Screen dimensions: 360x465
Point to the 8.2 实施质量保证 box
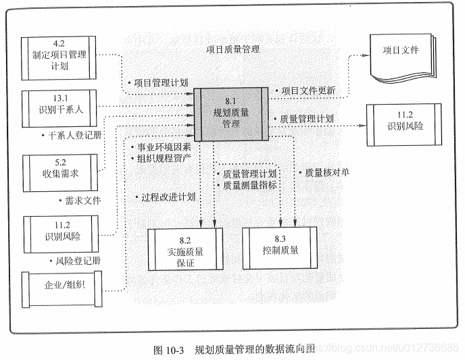tap(185, 251)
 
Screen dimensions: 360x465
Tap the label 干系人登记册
tap(74, 134)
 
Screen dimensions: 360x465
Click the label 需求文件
tap(82, 201)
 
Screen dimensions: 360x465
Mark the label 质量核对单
tap(326, 173)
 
